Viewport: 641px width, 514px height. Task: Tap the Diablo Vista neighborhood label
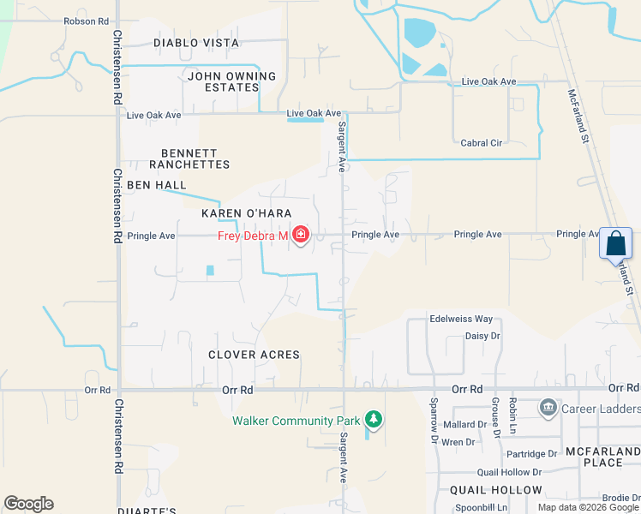(196, 43)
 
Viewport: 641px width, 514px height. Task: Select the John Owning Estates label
(231, 81)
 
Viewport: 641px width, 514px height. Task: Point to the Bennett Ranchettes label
(189, 158)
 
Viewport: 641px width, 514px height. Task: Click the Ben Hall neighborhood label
(157, 185)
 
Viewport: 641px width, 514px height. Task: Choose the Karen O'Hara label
(247, 213)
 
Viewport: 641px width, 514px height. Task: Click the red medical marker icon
(301, 235)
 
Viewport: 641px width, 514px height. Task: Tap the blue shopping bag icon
(616, 243)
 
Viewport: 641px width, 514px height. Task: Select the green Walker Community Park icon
(373, 420)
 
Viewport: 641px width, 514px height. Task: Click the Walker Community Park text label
(296, 421)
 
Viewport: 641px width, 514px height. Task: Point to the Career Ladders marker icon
(548, 408)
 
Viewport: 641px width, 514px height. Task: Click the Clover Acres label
(254, 355)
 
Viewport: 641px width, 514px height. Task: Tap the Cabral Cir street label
(481, 143)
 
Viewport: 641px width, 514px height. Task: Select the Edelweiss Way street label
(461, 319)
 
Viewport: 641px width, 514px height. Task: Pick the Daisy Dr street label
(482, 336)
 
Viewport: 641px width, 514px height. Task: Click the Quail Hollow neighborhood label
(496, 490)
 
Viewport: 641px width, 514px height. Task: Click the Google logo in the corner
(28, 504)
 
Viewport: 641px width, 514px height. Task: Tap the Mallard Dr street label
(465, 424)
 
